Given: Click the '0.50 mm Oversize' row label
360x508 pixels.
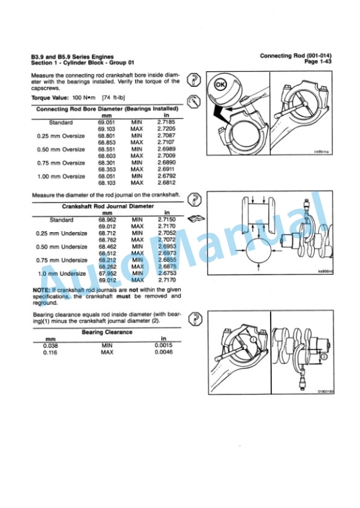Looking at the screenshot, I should pos(61,149).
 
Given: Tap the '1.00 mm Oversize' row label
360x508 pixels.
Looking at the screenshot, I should pos(61,176).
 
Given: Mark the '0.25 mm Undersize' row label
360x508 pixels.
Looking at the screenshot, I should pos(62,233).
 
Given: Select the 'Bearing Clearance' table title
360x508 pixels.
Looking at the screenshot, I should pos(106,332).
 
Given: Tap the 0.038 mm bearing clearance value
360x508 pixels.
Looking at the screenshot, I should pos(50,346).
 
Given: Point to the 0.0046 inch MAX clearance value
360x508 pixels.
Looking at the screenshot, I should pos(164,352).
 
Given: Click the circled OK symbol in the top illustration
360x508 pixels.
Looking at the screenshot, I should pos(221,85).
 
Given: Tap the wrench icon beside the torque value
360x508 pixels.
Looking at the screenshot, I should pos(193,99).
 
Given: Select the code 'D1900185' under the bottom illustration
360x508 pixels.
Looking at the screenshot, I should pos(325,391).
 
